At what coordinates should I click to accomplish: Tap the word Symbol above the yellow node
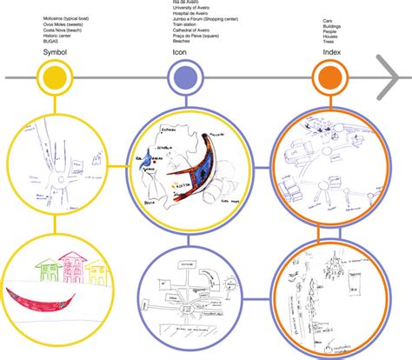coord(55,53)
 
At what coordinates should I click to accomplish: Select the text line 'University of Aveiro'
coord(186,10)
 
